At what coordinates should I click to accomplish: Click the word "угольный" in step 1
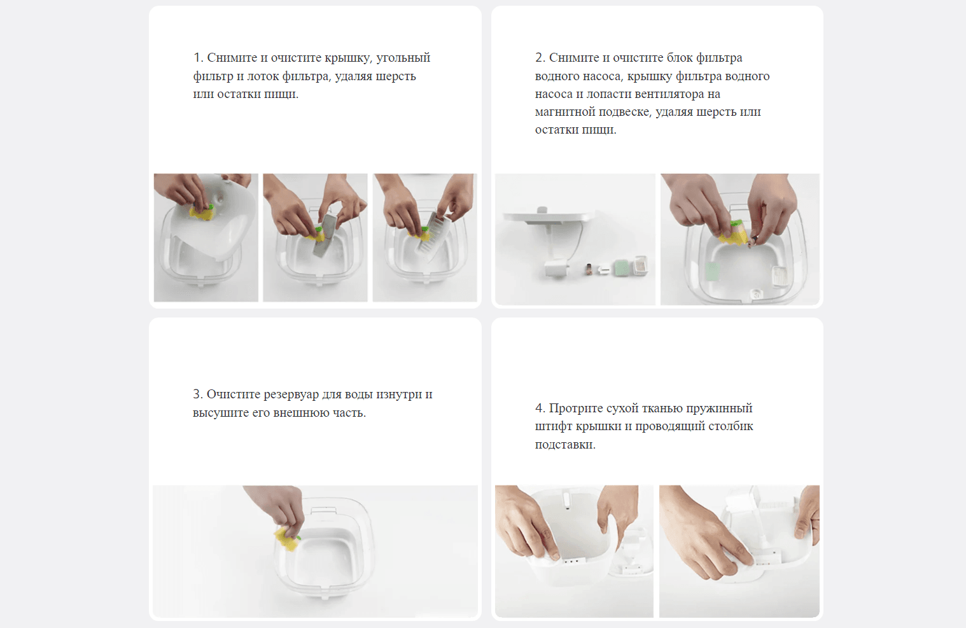point(403,58)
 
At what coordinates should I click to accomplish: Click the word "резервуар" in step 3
point(290,394)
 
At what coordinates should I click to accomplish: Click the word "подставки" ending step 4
point(564,445)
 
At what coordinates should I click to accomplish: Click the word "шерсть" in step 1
point(395,76)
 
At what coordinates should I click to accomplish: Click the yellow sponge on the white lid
point(201,213)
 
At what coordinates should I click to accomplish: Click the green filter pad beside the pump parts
point(621,269)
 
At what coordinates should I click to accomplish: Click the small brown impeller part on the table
point(588,270)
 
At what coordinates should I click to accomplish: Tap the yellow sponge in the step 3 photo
point(286,539)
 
